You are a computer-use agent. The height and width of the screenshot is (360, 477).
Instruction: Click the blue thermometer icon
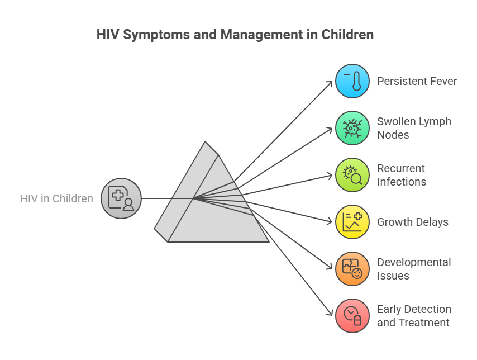[352, 81]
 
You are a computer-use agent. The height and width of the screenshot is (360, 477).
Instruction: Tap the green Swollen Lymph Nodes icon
[352, 128]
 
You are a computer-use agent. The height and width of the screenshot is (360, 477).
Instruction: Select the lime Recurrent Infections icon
[352, 175]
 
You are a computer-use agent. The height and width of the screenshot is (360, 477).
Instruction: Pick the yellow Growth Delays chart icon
[352, 222]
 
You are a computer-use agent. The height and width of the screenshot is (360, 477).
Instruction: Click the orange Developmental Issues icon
[352, 269]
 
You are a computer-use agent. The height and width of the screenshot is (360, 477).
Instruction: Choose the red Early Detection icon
[352, 315]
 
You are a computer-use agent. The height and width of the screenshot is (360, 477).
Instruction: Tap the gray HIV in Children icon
[121, 198]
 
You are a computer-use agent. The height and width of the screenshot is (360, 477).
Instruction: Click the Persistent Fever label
[417, 81]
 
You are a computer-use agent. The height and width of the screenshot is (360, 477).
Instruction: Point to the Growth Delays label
[413, 222]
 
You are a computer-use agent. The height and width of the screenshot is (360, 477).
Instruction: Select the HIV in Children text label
[56, 198]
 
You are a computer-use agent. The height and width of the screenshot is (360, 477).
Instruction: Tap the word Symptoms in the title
[156, 35]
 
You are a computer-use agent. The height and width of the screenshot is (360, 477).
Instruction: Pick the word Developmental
[414, 263]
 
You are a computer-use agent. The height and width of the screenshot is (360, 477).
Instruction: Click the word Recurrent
[401, 168]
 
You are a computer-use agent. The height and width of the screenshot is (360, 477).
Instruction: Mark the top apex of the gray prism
[205, 141]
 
